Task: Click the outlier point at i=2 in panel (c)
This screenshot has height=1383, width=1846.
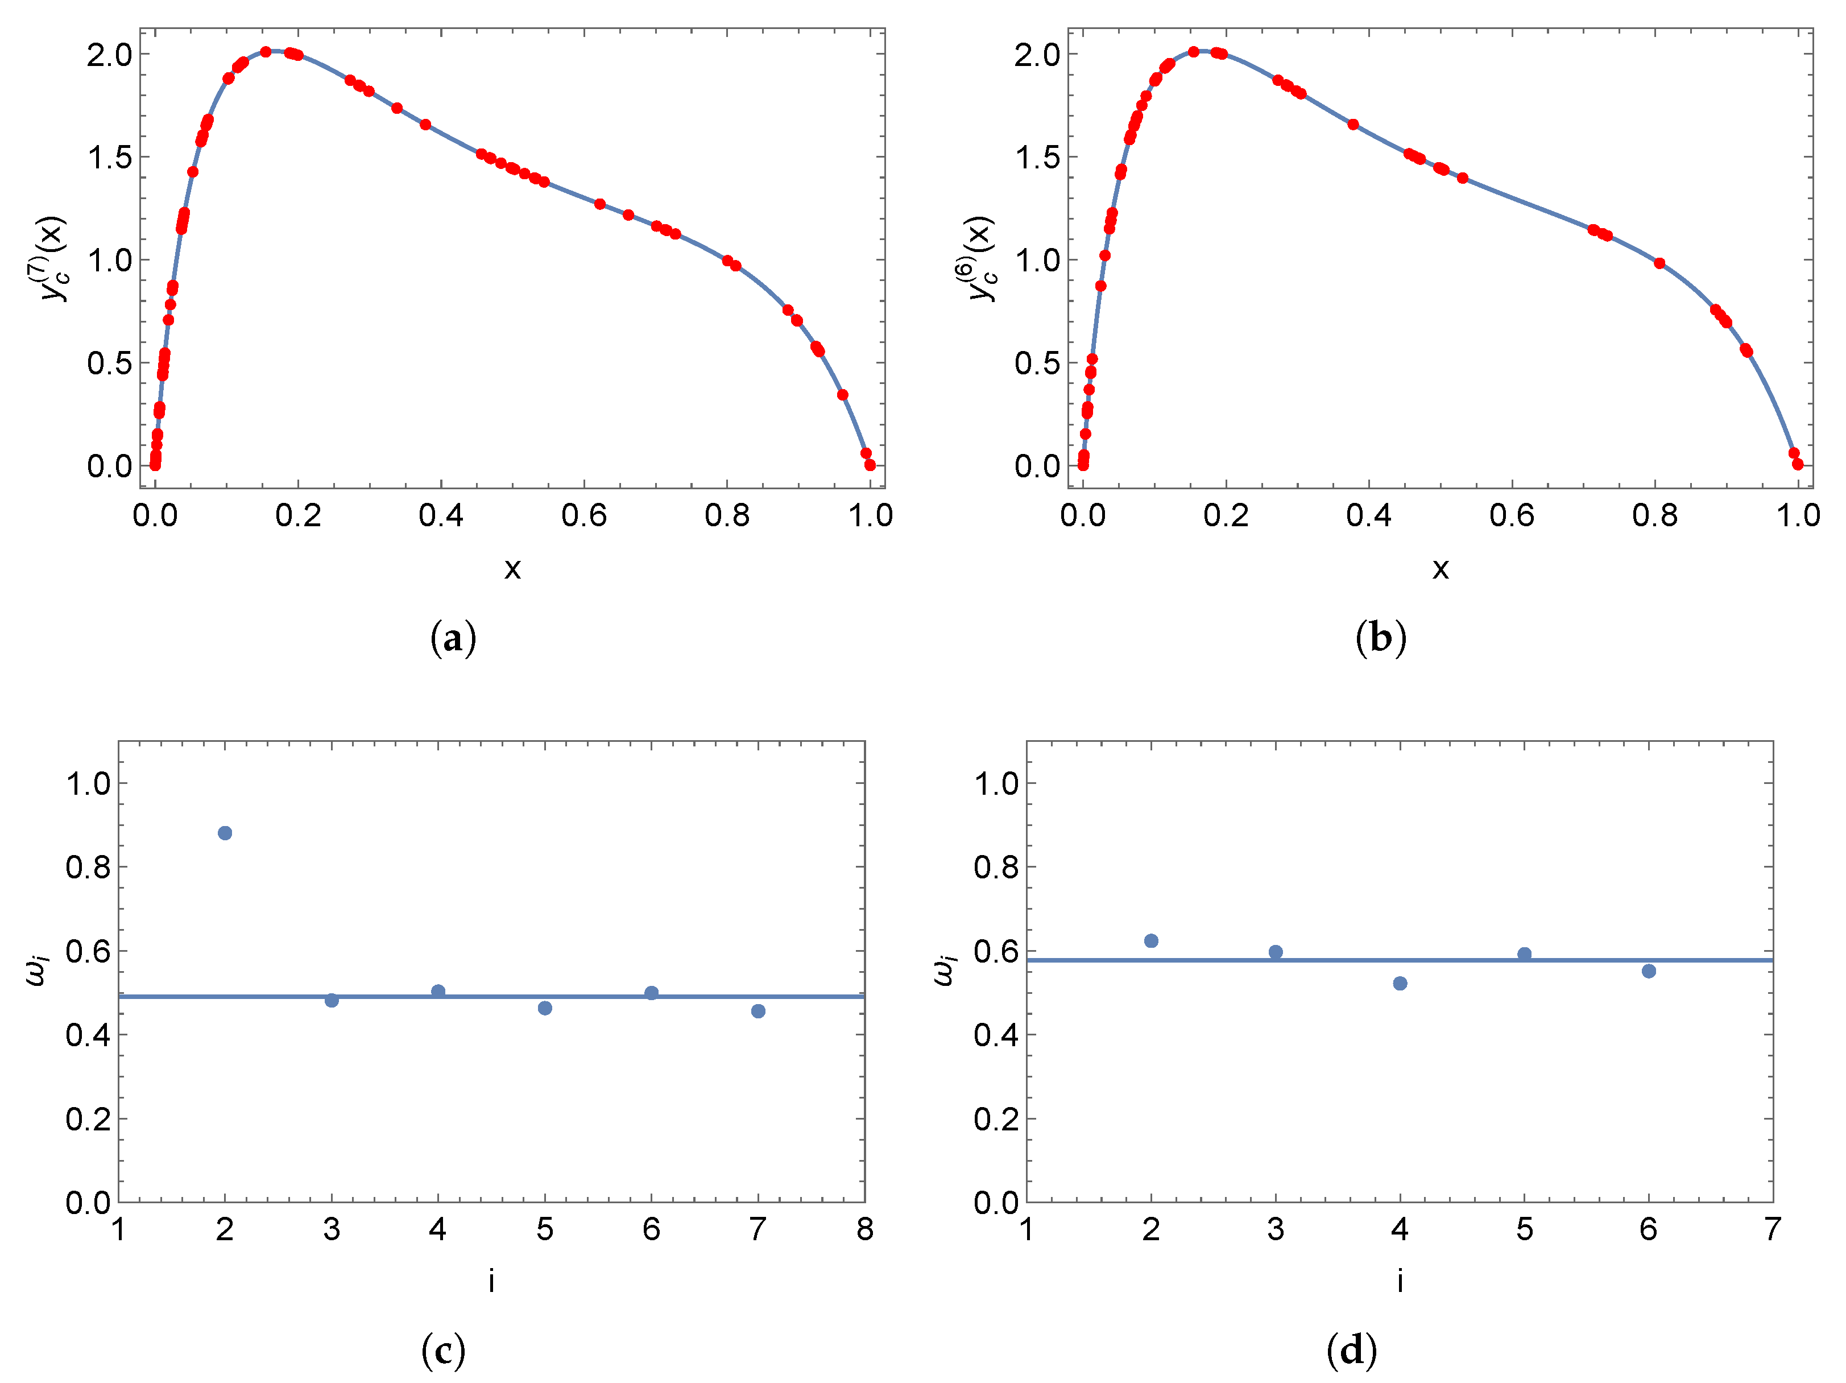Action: pos(225,833)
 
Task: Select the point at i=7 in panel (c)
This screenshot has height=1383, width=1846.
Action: pos(758,1011)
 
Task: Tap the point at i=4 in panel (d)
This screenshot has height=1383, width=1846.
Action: pos(1400,983)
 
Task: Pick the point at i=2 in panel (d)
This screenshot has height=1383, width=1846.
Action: pos(1151,940)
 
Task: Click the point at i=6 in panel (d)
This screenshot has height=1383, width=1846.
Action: pos(1648,971)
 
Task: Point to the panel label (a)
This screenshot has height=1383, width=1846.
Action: pos(453,638)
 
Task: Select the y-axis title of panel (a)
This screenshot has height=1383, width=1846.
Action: pos(52,259)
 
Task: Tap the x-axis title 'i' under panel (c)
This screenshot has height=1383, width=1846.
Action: pos(491,1281)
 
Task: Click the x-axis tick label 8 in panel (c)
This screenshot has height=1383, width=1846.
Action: pos(864,1229)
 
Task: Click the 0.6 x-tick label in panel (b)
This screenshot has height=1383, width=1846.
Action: pos(1512,516)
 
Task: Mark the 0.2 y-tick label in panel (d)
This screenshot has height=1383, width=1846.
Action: pos(996,1119)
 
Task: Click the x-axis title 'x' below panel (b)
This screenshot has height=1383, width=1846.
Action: pos(1441,568)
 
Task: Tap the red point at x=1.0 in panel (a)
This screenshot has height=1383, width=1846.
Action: pos(870,465)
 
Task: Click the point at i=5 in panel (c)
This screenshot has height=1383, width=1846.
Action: pos(545,1008)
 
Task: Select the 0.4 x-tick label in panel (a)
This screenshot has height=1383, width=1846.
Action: pos(441,516)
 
